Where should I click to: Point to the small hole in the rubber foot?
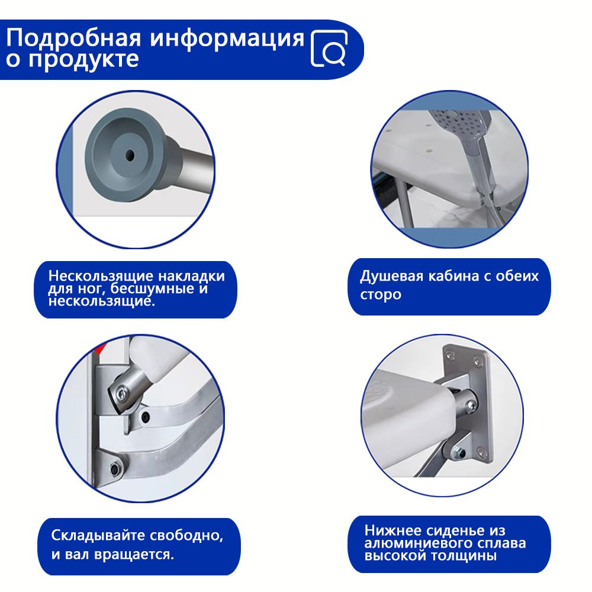(x=130, y=155)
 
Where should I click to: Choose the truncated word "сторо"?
(x=380, y=294)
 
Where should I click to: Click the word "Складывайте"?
(x=98, y=535)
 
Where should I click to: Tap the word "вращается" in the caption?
(x=134, y=555)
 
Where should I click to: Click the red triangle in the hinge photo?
(x=100, y=349)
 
